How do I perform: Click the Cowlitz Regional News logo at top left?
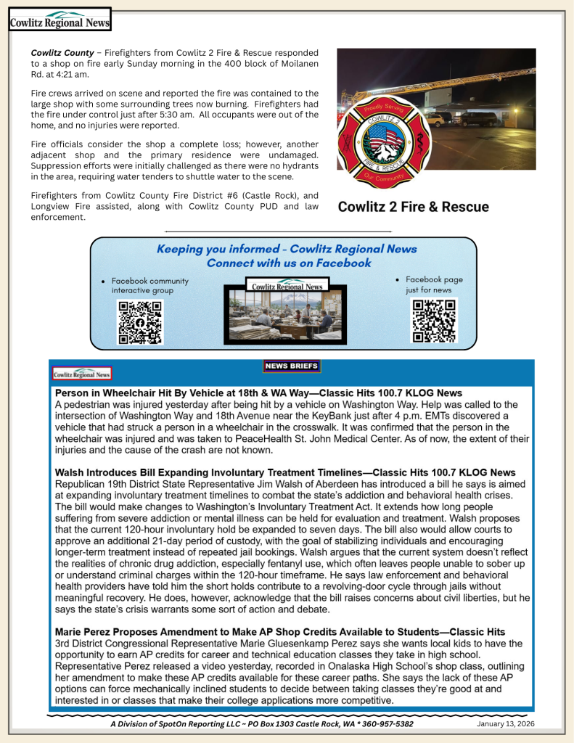[x=60, y=20]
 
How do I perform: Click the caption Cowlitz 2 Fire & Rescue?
[x=414, y=207]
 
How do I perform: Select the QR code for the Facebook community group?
[x=140, y=321]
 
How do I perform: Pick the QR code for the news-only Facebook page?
[x=434, y=320]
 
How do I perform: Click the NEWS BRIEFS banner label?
[x=292, y=366]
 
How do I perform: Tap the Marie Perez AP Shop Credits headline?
[x=280, y=632]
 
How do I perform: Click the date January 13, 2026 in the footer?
[x=507, y=724]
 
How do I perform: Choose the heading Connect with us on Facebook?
[x=288, y=263]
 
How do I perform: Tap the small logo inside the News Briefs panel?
[x=82, y=374]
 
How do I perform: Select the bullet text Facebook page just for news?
[x=433, y=284]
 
